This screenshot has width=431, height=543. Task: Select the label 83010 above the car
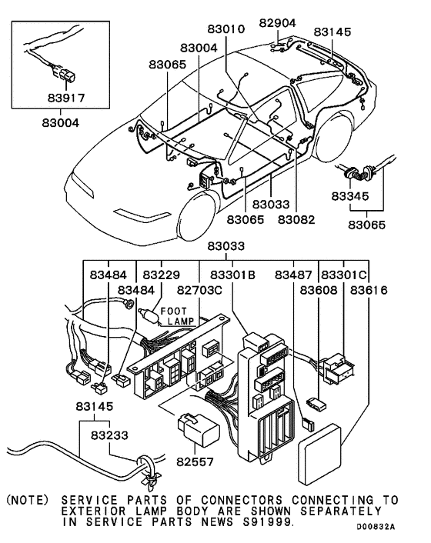(x=226, y=29)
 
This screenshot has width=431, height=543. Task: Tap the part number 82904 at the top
(x=276, y=22)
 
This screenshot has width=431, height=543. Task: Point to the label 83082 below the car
(x=297, y=220)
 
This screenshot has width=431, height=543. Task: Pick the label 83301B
(x=222, y=275)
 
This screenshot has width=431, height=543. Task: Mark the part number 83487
(x=296, y=275)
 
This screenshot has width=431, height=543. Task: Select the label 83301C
(x=344, y=275)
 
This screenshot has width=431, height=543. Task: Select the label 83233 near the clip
(x=109, y=435)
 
